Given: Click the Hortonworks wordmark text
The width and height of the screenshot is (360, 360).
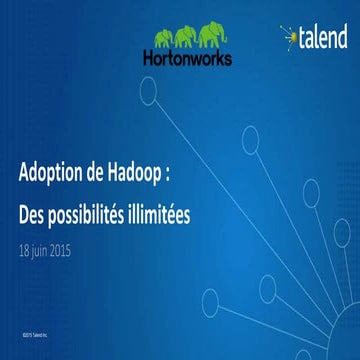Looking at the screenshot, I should (x=194, y=59).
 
